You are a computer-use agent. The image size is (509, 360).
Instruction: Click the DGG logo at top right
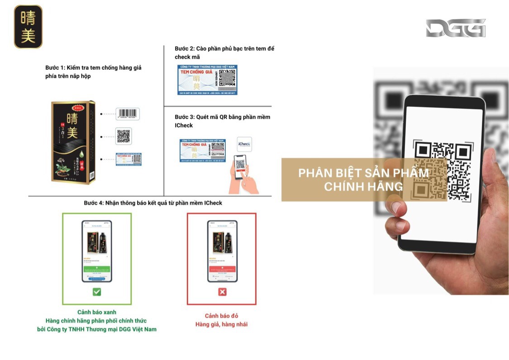[x=455, y=28]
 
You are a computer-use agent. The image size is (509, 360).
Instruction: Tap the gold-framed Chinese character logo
[x=28, y=27]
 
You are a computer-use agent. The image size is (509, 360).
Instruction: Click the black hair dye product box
[x=73, y=142]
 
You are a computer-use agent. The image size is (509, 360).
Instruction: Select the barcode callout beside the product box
[x=127, y=114]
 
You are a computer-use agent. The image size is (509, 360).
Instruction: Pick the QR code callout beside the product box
[x=124, y=136]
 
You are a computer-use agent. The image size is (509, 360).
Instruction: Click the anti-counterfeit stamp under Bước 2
[x=207, y=80]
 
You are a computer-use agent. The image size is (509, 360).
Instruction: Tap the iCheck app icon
[x=244, y=144]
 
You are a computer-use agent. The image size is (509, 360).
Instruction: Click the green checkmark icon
[x=97, y=292]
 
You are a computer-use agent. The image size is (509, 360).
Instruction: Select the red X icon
[x=222, y=292]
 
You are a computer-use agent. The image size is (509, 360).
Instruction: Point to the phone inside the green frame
[x=97, y=251]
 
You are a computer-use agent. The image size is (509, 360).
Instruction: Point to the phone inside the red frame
[x=222, y=251]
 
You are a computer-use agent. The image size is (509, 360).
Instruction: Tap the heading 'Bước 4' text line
[x=153, y=203]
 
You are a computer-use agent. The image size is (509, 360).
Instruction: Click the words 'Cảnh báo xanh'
[x=97, y=312]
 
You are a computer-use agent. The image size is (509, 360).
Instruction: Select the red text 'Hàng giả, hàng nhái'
[x=222, y=324]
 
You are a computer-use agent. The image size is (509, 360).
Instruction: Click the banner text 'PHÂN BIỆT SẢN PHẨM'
[x=363, y=173]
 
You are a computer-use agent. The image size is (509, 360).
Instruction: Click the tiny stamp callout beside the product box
[x=128, y=159]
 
